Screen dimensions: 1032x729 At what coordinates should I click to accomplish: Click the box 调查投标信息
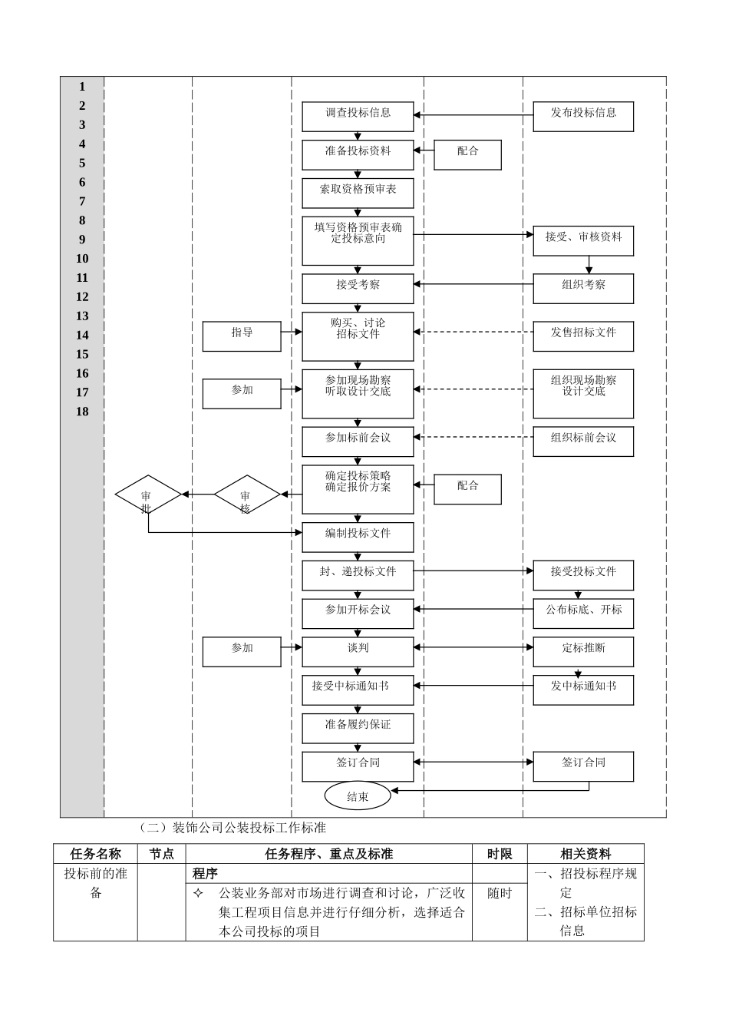point(358,116)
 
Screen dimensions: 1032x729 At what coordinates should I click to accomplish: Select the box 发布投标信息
point(583,116)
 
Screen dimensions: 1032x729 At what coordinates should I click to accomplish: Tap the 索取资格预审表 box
point(358,193)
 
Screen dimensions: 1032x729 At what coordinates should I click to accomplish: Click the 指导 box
point(242,336)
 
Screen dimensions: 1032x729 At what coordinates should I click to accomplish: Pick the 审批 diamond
point(148,495)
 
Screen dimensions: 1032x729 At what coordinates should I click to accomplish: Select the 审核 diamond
point(246,495)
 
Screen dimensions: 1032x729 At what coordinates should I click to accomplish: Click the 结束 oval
point(358,796)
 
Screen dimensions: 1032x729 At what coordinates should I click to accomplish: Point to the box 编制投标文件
point(358,537)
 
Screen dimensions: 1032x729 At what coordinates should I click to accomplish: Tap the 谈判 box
point(358,651)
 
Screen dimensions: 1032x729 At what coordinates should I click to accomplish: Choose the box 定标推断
point(583,651)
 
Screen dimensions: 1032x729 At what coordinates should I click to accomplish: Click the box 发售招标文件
point(583,336)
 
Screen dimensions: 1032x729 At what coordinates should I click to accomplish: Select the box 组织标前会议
point(583,442)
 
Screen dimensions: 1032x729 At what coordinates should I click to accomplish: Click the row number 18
point(82,412)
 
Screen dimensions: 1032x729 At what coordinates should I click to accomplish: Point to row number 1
point(82,87)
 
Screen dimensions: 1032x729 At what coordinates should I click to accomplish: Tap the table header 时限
point(500,854)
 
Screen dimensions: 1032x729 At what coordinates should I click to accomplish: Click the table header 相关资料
point(586,854)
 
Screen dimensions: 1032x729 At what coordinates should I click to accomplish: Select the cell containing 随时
point(500,893)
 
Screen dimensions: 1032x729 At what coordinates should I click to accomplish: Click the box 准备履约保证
point(358,728)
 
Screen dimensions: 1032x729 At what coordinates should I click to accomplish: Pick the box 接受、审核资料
point(583,240)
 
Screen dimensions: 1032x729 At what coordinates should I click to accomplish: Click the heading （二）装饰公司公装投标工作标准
point(233,828)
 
